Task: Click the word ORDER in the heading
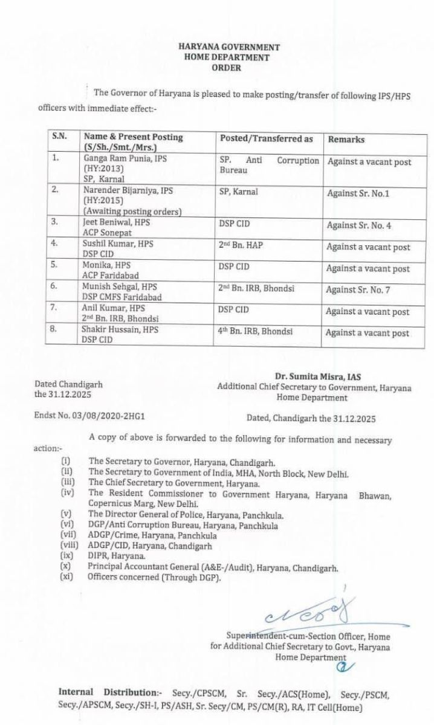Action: pos(227,68)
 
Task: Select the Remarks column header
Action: pos(346,139)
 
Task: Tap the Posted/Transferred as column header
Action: pos(267,138)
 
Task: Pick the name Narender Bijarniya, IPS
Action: pos(128,190)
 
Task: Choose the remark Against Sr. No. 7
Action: pos(357,290)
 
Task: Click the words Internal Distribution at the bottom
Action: pos(103,692)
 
